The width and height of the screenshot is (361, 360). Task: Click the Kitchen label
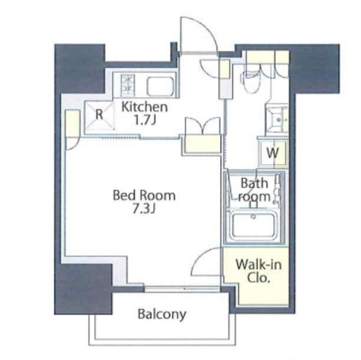(x=144, y=107)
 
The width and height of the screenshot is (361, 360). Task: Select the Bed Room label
(x=144, y=196)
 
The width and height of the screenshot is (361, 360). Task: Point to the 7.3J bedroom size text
(x=144, y=209)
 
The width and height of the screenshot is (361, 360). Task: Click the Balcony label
(x=162, y=314)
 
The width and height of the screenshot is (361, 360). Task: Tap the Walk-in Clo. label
(x=258, y=271)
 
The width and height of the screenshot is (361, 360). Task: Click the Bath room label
(x=254, y=190)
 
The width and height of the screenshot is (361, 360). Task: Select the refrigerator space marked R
(x=99, y=115)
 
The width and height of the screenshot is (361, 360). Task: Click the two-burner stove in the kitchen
(x=128, y=85)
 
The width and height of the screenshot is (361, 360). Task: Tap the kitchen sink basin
(x=160, y=86)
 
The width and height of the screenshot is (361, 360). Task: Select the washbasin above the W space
(x=277, y=120)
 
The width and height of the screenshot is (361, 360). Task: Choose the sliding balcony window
(x=182, y=288)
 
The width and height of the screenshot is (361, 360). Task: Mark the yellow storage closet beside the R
(x=73, y=123)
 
